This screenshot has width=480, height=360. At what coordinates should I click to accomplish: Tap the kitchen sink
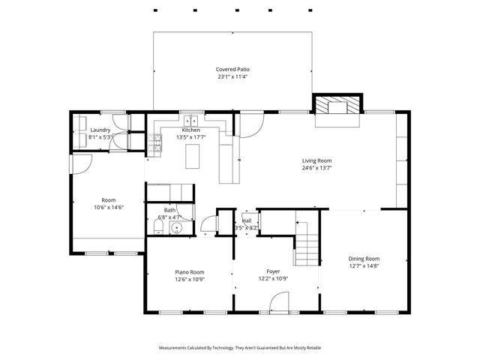(x=192, y=119)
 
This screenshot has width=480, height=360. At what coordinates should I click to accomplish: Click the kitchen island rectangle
(x=193, y=156)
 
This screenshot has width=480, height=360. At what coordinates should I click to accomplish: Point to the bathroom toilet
(x=157, y=227)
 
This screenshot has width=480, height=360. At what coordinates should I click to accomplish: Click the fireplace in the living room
(x=338, y=106)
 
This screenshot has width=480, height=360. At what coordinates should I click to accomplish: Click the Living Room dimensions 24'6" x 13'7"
(x=316, y=168)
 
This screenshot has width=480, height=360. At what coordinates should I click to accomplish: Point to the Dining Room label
(x=364, y=258)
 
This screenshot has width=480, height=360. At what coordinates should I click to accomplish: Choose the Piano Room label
(x=190, y=272)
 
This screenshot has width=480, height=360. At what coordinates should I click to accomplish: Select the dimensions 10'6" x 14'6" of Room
(x=109, y=207)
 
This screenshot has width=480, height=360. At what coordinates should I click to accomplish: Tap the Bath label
(x=170, y=210)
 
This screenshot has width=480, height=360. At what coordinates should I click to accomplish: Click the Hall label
(x=247, y=220)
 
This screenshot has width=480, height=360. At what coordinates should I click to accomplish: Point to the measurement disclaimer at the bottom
(x=240, y=348)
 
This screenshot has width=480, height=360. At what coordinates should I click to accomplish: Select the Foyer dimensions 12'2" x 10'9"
(x=273, y=279)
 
